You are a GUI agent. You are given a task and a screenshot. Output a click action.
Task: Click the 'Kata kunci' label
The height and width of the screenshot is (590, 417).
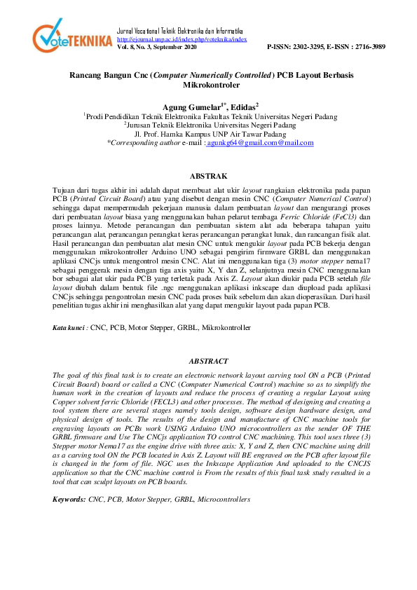pyautogui.click(x=71, y=327)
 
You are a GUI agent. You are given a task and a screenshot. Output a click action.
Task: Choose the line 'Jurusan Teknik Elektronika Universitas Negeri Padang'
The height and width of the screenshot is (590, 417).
pyautogui.click(x=210, y=124)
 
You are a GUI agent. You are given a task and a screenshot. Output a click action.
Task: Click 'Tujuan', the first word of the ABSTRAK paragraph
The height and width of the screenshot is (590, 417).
pyautogui.click(x=66, y=191)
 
